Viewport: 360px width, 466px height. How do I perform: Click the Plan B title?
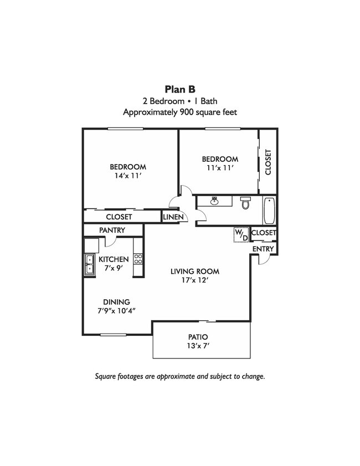click(180, 89)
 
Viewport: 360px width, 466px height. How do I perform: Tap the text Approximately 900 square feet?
click(180, 111)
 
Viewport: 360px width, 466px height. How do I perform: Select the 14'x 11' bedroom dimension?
click(128, 176)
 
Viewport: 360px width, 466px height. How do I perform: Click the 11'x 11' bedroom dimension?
click(219, 168)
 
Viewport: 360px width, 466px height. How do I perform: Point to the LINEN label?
click(173, 217)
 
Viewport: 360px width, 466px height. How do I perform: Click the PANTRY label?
click(112, 230)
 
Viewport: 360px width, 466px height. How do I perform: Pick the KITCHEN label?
click(114, 259)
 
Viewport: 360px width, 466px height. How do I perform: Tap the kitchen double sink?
click(89, 265)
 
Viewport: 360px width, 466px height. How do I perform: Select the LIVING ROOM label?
click(195, 272)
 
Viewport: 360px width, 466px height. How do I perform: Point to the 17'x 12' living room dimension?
click(195, 280)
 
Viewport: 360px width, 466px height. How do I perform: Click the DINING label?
click(116, 302)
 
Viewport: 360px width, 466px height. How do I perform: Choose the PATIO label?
click(198, 337)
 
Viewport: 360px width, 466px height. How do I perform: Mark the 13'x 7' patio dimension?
click(198, 346)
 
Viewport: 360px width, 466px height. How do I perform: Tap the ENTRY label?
click(263, 249)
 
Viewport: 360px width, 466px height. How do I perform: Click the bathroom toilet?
click(246, 204)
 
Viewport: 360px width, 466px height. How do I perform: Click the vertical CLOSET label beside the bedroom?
click(268, 162)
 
